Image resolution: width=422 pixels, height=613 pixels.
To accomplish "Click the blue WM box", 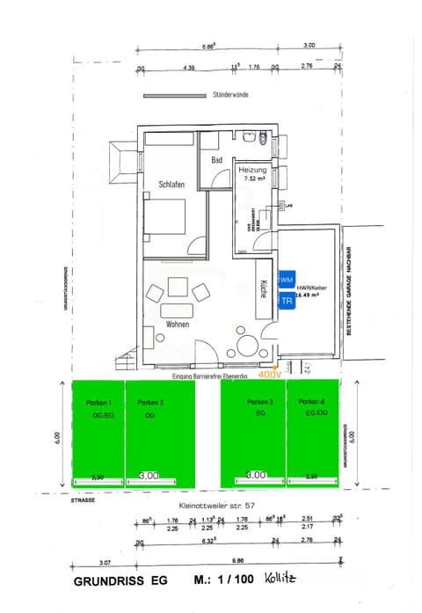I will click(x=286, y=280).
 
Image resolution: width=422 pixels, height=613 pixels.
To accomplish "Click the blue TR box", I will click(x=286, y=301).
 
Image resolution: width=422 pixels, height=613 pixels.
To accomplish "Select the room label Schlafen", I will click(x=171, y=184).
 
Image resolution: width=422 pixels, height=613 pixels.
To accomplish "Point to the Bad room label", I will click(x=217, y=160).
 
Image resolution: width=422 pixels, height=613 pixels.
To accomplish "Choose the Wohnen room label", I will click(x=178, y=325).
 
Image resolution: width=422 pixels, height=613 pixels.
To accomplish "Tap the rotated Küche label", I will click(x=262, y=289).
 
